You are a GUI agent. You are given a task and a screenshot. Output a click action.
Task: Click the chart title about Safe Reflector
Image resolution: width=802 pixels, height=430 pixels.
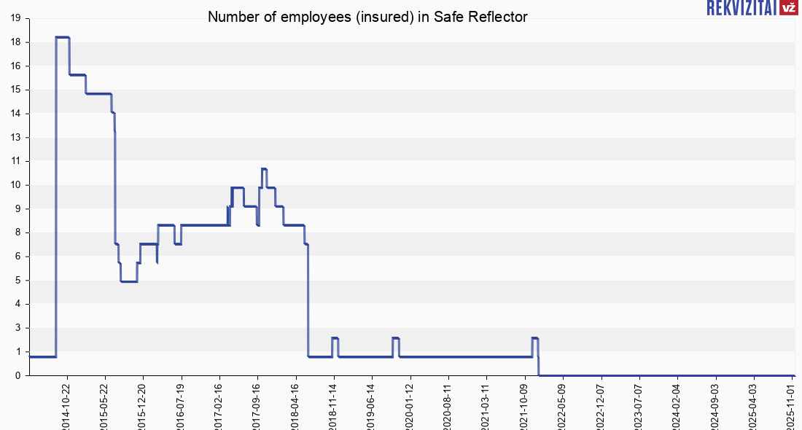(367, 17)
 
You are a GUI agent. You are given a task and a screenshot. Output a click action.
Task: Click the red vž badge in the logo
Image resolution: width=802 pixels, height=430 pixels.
(787, 8)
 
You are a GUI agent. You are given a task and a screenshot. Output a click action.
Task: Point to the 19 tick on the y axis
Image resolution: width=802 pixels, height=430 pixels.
(15, 18)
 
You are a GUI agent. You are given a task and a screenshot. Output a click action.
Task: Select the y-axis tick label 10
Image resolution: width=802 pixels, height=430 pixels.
(15, 185)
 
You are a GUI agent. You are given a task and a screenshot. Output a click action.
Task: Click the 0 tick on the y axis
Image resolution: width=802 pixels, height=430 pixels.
(17, 375)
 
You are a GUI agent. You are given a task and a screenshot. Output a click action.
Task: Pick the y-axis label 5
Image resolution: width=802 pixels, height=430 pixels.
(17, 280)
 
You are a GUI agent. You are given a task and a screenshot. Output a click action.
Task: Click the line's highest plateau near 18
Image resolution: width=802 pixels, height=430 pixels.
(63, 37)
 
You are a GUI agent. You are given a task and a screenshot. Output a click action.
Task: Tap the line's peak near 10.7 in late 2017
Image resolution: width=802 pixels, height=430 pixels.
(264, 169)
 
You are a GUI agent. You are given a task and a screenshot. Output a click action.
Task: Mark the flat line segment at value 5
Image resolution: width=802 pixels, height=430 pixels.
(129, 281)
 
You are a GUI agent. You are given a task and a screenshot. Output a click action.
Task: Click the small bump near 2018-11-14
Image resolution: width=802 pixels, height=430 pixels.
(335, 338)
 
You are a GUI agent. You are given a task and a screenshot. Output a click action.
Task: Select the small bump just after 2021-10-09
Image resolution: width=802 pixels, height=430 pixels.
(534, 338)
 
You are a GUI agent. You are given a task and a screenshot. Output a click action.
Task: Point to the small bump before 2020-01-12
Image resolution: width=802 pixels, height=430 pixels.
(395, 338)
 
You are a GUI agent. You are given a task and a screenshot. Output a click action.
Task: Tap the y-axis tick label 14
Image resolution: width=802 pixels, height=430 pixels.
(15, 114)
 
